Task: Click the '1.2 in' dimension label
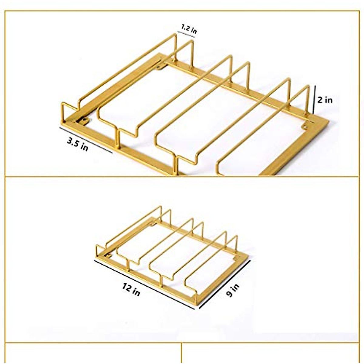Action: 189,29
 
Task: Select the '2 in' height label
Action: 325,100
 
